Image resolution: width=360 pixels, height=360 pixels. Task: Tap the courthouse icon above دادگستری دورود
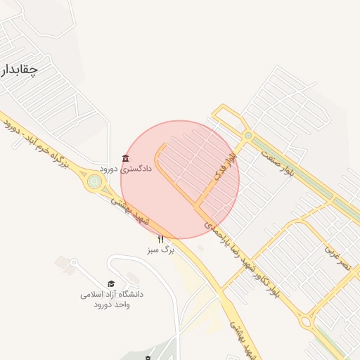[x=125, y=158]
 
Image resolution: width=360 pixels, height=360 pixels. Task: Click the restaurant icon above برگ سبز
[x=160, y=240]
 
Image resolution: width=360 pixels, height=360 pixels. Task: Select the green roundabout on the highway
[x=94, y=181]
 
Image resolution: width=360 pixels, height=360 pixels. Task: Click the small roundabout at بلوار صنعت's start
[x=247, y=135]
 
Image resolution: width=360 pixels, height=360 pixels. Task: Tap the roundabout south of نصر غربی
[x=307, y=322]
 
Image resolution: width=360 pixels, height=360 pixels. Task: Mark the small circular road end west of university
[x=72, y=262]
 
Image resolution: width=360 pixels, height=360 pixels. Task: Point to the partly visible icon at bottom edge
[x=147, y=357]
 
